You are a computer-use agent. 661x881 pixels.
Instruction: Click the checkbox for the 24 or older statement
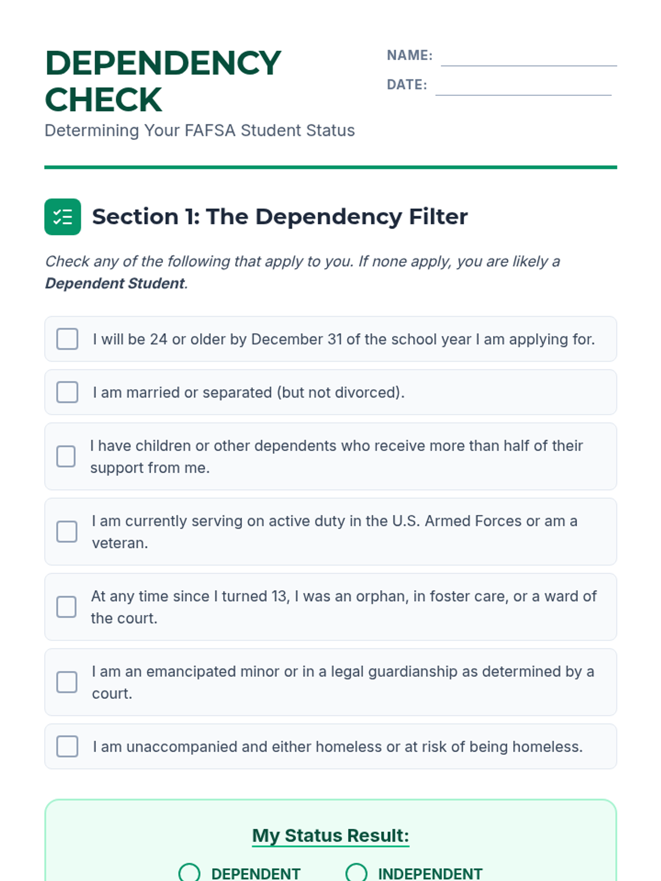tap(67, 339)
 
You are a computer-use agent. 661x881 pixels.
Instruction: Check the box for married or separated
tap(67, 393)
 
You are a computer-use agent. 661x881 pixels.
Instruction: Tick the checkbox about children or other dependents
tap(66, 456)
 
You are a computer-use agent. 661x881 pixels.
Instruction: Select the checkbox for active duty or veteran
tap(67, 532)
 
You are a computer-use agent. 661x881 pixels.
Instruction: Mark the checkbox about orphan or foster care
tap(67, 607)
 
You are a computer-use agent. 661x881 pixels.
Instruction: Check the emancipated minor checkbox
tap(67, 682)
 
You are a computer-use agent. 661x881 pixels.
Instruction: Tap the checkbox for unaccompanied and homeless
tap(67, 747)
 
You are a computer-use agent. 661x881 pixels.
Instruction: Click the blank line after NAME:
tap(528, 59)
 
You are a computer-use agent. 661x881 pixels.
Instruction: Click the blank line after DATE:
tap(523, 89)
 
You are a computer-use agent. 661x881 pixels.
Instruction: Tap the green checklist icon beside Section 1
tap(63, 217)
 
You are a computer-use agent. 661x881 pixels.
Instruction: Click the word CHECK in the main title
tap(104, 100)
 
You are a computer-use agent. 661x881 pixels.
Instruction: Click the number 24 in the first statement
tap(159, 339)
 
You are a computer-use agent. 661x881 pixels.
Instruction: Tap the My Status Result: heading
tap(330, 835)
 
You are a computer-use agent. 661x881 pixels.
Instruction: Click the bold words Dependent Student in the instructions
tap(115, 284)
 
